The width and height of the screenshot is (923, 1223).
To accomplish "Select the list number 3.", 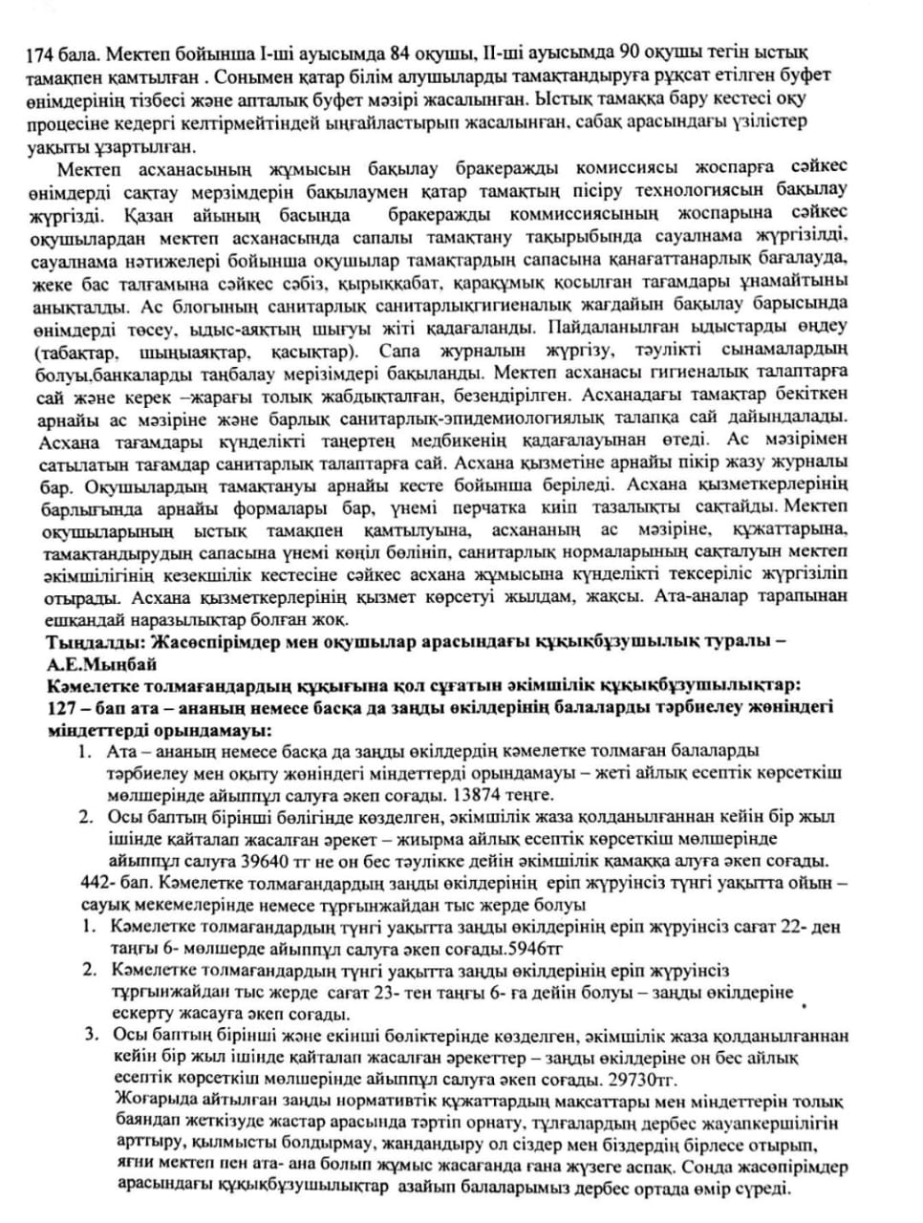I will pyautogui.click(x=90, y=1035).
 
